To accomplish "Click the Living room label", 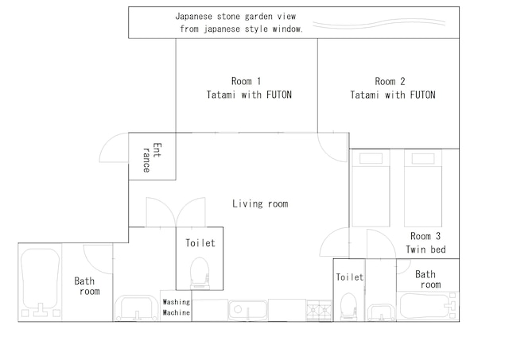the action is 260,203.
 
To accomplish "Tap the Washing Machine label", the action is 177,307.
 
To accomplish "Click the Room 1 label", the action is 249,87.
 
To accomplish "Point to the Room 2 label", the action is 393,88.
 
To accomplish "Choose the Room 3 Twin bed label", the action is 425,242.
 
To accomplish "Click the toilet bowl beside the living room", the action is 200,273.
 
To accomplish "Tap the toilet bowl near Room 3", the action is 348,307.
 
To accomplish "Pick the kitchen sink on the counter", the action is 248,310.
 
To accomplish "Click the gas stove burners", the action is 319,311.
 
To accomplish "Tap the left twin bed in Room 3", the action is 371,188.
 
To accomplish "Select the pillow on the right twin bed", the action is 423,159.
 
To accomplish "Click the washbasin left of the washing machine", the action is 136,308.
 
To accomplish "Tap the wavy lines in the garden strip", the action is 379,23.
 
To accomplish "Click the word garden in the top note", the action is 259,16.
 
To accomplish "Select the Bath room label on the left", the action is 87,286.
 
